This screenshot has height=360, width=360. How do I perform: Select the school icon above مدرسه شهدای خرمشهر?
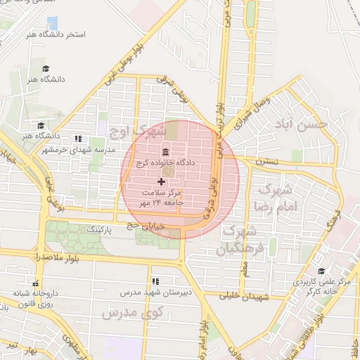77,139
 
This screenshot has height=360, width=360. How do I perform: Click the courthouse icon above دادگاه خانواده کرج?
165,153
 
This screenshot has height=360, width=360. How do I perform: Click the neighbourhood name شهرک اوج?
138,131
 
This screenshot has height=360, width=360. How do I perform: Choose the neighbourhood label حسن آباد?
303,126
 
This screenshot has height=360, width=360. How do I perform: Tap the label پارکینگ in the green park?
100,229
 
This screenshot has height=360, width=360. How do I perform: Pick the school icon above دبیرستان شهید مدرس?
155,281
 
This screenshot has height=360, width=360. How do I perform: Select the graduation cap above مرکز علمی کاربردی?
321,271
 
